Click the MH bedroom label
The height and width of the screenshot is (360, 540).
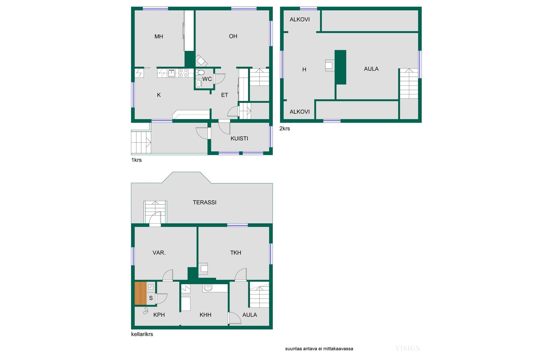coord(159,36)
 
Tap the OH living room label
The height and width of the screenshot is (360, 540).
coord(233,36)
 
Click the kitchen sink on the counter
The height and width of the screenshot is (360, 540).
coord(171,73)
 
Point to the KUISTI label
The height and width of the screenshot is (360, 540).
coord(239,138)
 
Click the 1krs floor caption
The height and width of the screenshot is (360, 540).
coord(136,160)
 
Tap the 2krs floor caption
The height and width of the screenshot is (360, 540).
coord(285,129)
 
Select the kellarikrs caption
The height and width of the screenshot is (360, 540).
coord(142,334)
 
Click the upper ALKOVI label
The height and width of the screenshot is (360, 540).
coord(300,19)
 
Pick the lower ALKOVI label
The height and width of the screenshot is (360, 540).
coord(300,112)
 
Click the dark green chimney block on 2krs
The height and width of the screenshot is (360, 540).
coord(340,67)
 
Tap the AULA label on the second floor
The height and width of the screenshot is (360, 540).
coord(371,69)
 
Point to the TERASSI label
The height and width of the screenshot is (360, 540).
coord(204,202)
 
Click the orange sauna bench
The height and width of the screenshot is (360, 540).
coord(141,293)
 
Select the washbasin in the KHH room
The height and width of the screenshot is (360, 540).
coord(208,288)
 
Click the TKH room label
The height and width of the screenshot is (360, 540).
coord(236,253)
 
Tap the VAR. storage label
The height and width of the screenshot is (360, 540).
coord(159,253)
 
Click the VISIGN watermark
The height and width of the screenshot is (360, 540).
coord(408,349)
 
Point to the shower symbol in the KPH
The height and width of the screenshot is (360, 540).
coord(146,311)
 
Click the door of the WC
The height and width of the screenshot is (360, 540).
coord(219,79)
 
